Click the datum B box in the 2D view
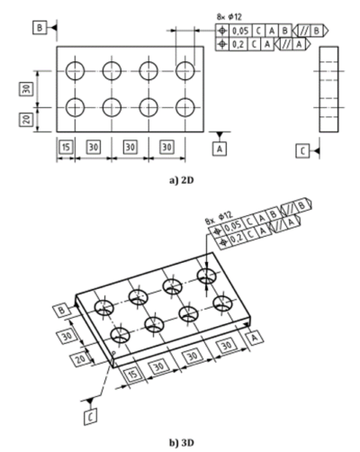(39, 28)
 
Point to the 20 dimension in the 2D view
(28, 118)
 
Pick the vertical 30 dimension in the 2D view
(28, 88)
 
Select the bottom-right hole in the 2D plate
(186, 108)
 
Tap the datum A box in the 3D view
(256, 337)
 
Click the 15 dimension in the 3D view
(133, 372)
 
